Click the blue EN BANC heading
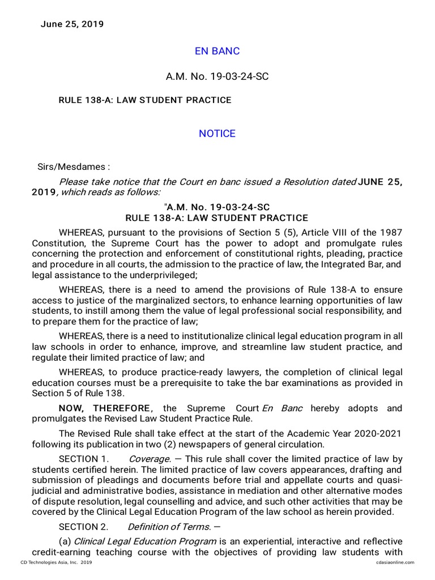coord(217,51)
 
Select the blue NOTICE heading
coord(217,134)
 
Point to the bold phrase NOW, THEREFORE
coord(105,408)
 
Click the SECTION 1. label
coord(83,459)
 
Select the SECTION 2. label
coord(83,527)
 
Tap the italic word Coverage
coord(149,459)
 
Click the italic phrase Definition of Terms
coord(169,527)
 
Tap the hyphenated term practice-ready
coord(196,372)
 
